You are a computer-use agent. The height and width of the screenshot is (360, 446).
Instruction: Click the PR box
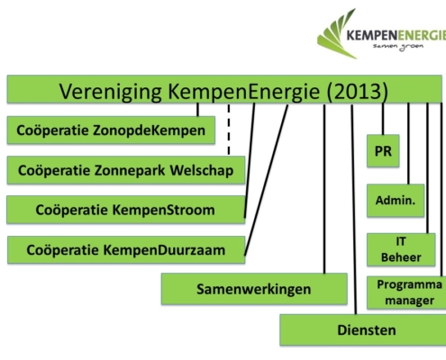383,150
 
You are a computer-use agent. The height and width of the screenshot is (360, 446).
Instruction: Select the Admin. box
396,201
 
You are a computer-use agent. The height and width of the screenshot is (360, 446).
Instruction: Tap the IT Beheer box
401,249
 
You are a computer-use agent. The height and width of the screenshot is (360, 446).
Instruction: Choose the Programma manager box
406,292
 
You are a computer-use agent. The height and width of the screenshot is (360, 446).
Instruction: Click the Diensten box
363,329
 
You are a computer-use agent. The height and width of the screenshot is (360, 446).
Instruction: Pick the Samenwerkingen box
254,289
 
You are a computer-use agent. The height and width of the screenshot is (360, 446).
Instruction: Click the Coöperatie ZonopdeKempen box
111,130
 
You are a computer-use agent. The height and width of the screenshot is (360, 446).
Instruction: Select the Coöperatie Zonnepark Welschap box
126,170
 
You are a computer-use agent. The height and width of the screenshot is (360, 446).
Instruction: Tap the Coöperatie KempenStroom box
126,210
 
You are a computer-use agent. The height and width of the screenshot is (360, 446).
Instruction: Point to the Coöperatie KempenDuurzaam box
126,250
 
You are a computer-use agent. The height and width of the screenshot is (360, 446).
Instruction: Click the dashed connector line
229,130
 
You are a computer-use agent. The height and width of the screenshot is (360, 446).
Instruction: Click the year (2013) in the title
358,91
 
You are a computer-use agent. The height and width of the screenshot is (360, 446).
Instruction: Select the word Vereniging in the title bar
111,92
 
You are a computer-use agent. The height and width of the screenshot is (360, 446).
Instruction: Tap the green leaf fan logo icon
337,33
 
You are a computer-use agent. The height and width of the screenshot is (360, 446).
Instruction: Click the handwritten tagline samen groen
398,47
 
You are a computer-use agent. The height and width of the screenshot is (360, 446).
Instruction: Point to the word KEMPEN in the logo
370,35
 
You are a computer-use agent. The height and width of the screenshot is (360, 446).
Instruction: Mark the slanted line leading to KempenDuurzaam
266,180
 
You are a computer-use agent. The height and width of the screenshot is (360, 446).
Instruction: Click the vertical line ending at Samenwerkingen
324,189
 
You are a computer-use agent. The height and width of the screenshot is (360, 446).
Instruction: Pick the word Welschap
202,170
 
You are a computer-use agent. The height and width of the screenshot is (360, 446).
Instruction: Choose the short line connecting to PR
383,119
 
